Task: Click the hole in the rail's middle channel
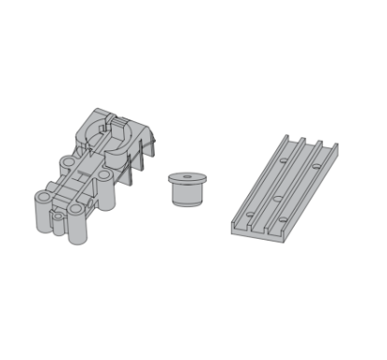point(279,198)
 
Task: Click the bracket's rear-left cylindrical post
point(67,168)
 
